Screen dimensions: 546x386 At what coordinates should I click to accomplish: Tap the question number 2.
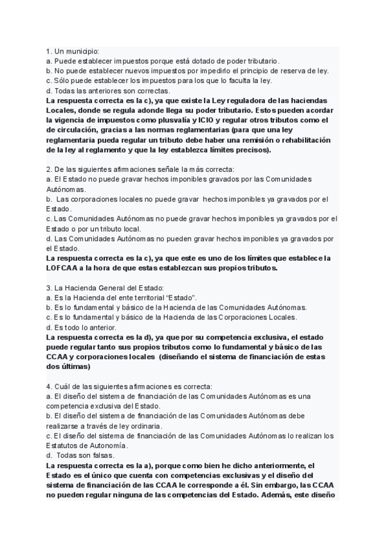tap(48, 169)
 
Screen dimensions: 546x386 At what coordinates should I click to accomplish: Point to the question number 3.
tap(48, 287)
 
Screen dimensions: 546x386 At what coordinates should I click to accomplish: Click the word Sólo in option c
tap(62, 80)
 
